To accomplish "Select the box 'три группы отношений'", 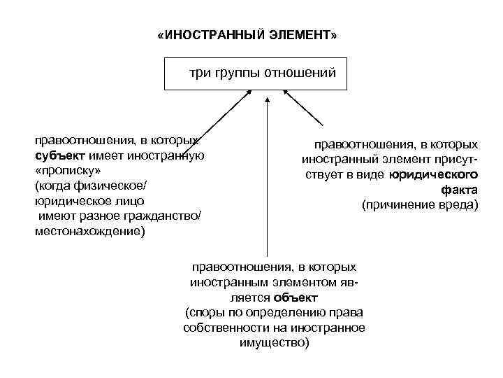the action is [255, 73].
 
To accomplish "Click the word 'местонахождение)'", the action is [90, 231].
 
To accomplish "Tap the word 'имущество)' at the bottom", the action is [274, 343].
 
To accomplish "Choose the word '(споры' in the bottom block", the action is [204, 312].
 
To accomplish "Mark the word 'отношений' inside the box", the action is [305, 73].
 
